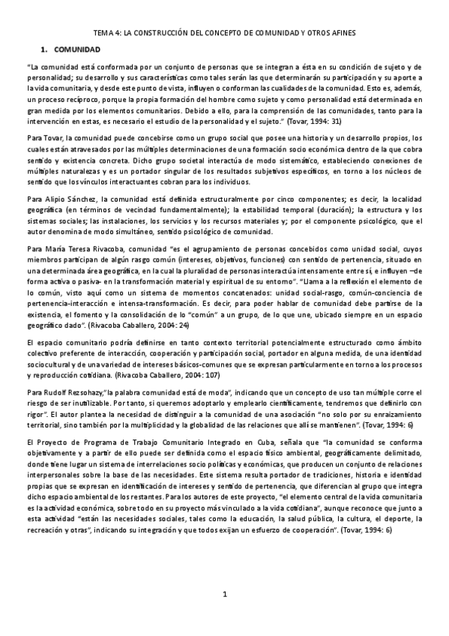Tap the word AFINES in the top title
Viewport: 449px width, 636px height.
point(340,34)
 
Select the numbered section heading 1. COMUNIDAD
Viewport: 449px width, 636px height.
point(72,49)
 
